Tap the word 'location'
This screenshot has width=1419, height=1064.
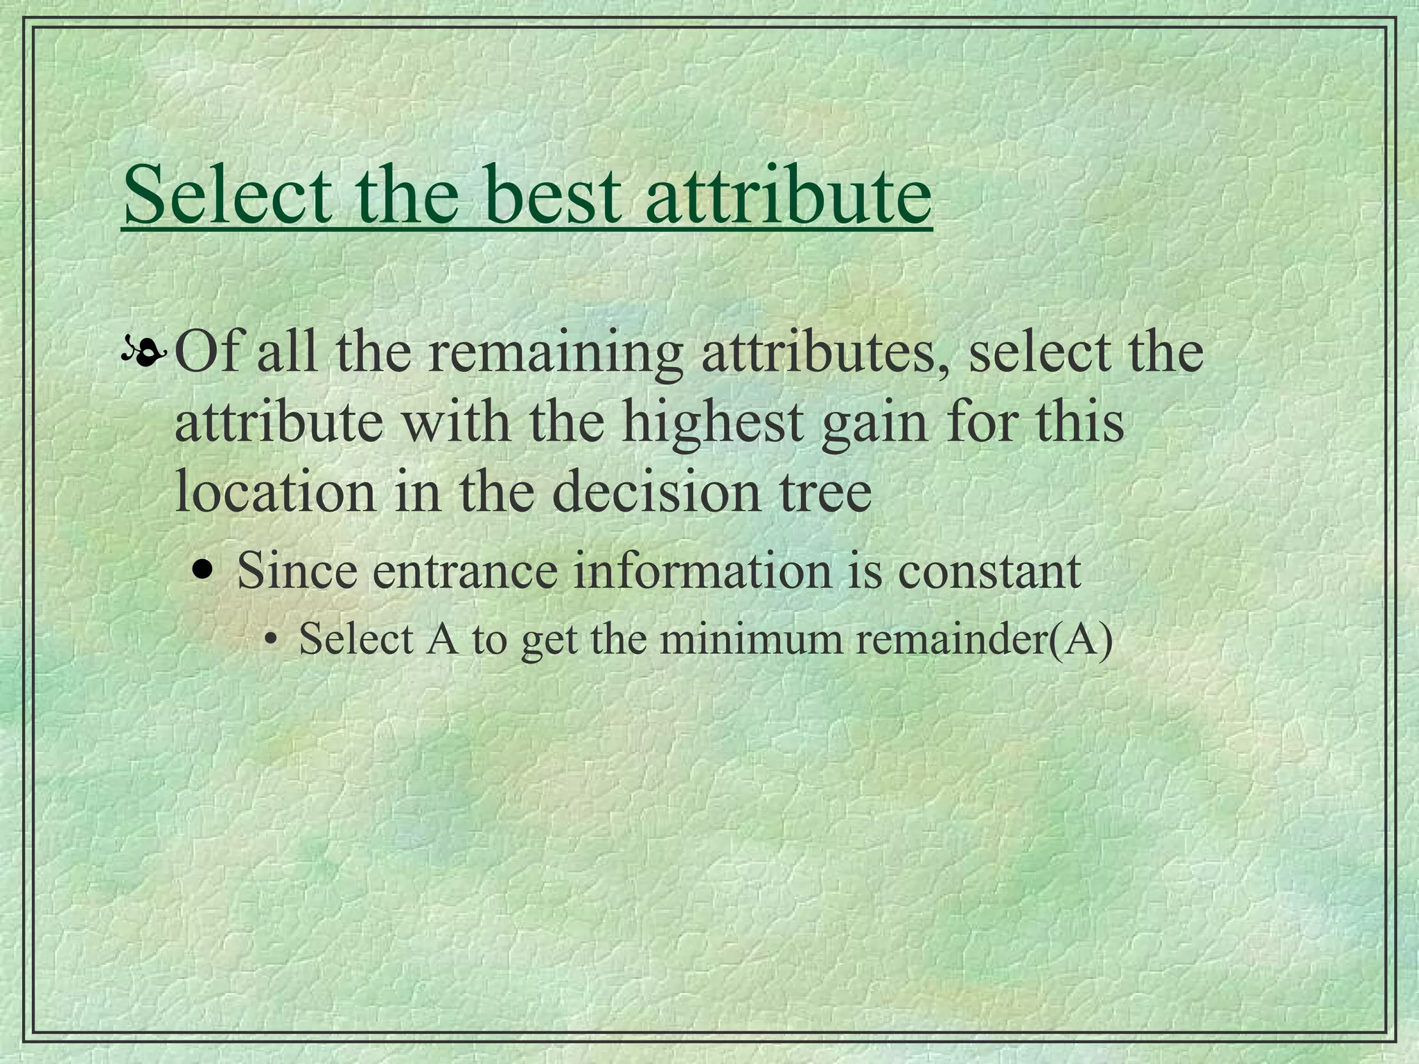pyautogui.click(x=274, y=491)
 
